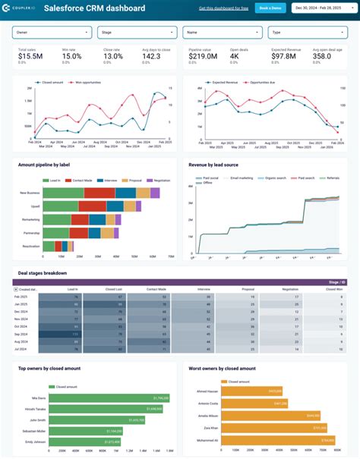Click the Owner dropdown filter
[52, 33]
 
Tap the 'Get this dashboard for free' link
[224, 8]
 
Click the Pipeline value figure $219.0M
[202, 56]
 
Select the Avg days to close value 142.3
[152, 56]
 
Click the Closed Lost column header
[115, 289]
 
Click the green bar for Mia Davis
[106, 397]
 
